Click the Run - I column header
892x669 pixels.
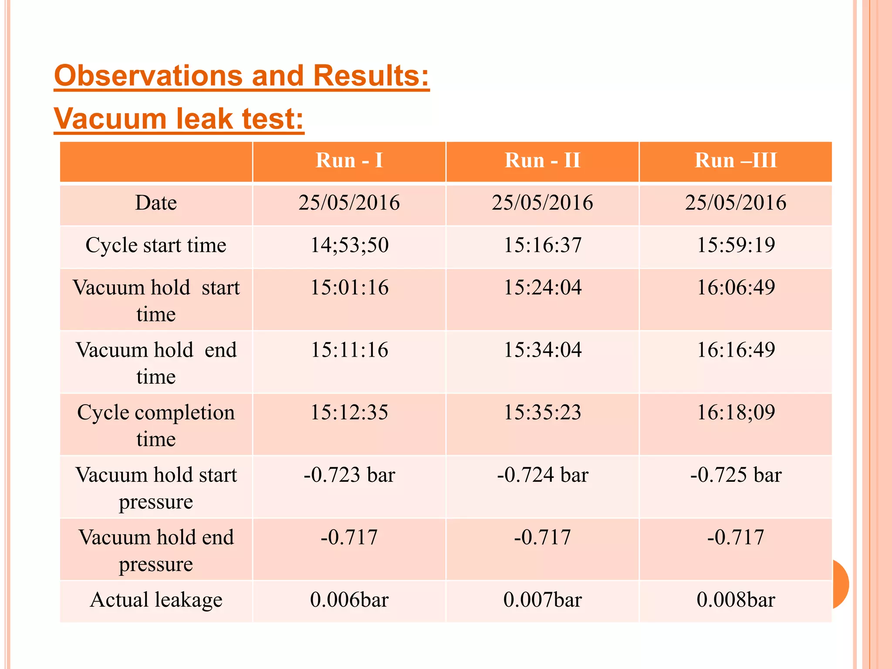(349, 160)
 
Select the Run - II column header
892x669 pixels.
(542, 160)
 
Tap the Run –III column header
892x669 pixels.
(736, 160)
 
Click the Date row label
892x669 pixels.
(156, 203)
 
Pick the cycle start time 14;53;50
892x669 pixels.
(349, 245)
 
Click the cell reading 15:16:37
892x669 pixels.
(542, 245)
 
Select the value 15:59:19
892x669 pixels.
(736, 245)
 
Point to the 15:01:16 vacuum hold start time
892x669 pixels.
(349, 287)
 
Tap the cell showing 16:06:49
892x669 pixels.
(736, 287)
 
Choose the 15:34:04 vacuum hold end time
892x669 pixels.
(542, 350)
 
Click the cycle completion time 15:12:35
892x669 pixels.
(349, 412)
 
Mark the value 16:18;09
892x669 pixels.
(736, 412)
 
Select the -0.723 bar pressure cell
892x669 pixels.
(349, 475)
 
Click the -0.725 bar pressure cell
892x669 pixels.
(736, 475)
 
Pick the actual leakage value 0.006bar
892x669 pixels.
(349, 600)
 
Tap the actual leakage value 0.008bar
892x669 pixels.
(736, 600)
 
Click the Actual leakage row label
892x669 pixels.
(156, 600)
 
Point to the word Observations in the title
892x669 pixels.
(148, 76)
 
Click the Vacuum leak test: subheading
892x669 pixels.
(179, 118)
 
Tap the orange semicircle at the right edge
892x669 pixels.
(841, 584)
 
